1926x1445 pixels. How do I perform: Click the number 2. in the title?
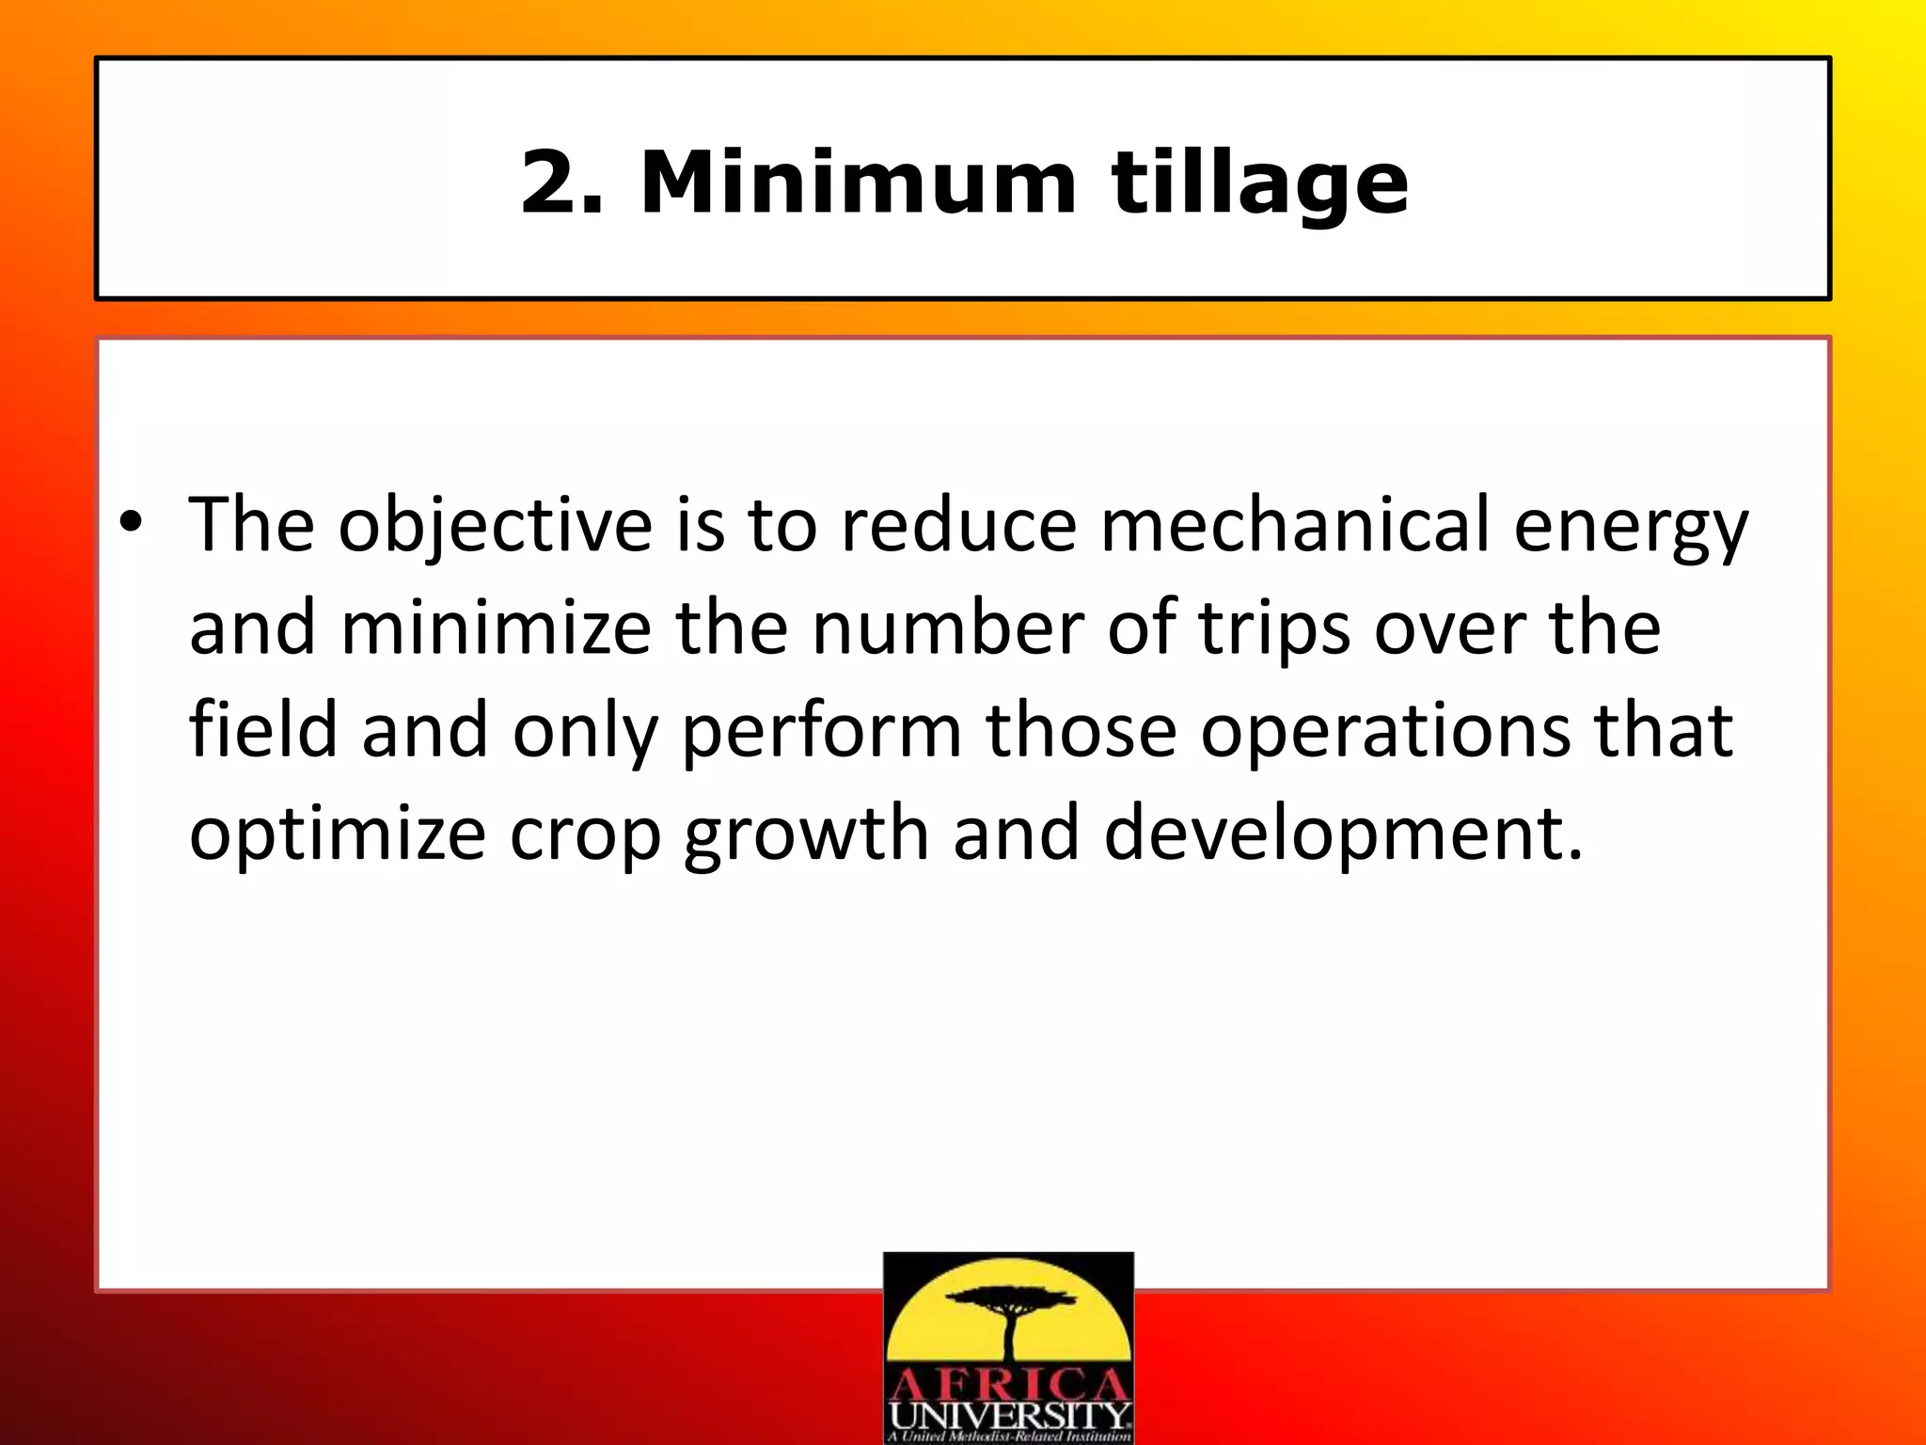pyautogui.click(x=560, y=183)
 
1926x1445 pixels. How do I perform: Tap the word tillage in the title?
pyautogui.click(x=1260, y=184)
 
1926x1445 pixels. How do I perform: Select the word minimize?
pyautogui.click(x=496, y=628)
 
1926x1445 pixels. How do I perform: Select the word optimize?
pyautogui.click(x=338, y=835)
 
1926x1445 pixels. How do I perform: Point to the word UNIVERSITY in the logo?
pyautogui.click(x=1008, y=1415)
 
